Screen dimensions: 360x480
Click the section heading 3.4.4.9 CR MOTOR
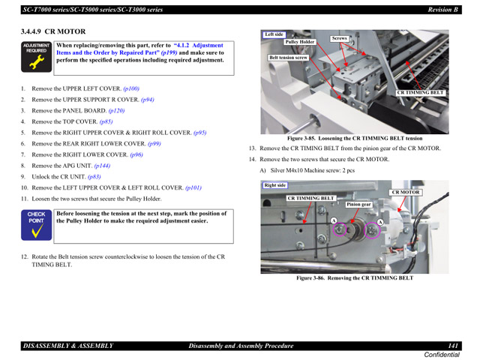[53, 31]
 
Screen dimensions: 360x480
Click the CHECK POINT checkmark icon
[36, 226]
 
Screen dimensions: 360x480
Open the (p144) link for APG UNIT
[102, 166]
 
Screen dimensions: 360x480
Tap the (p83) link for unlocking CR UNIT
[94, 177]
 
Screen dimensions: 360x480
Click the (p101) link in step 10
[193, 187]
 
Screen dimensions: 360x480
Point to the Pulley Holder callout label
[300, 42]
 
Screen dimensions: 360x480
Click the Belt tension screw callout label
[289, 58]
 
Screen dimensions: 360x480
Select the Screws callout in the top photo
[340, 37]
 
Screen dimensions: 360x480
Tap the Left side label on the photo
[274, 34]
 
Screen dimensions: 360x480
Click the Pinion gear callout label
[359, 204]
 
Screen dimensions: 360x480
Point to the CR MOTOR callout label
[406, 193]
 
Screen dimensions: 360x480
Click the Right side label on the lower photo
[275, 185]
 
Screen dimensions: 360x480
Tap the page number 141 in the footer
[454, 345]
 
